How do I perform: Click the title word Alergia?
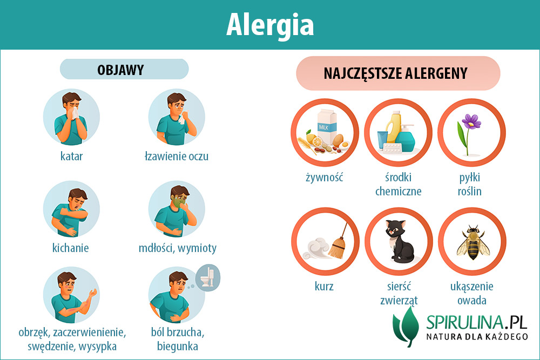(x=270, y=25)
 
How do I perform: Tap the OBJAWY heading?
(x=120, y=70)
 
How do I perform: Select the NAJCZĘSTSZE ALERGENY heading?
(x=396, y=73)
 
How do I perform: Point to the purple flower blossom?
(x=471, y=121)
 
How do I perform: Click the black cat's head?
(x=395, y=229)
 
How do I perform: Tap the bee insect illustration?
(x=473, y=243)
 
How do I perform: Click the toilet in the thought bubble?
(x=208, y=277)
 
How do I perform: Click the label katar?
(x=71, y=157)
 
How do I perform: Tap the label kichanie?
(x=70, y=248)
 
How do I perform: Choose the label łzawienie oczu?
(x=177, y=157)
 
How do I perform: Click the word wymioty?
(x=197, y=248)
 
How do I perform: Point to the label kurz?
(x=323, y=287)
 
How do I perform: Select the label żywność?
(x=325, y=178)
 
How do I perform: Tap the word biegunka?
(x=177, y=346)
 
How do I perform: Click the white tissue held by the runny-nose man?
(x=75, y=113)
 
